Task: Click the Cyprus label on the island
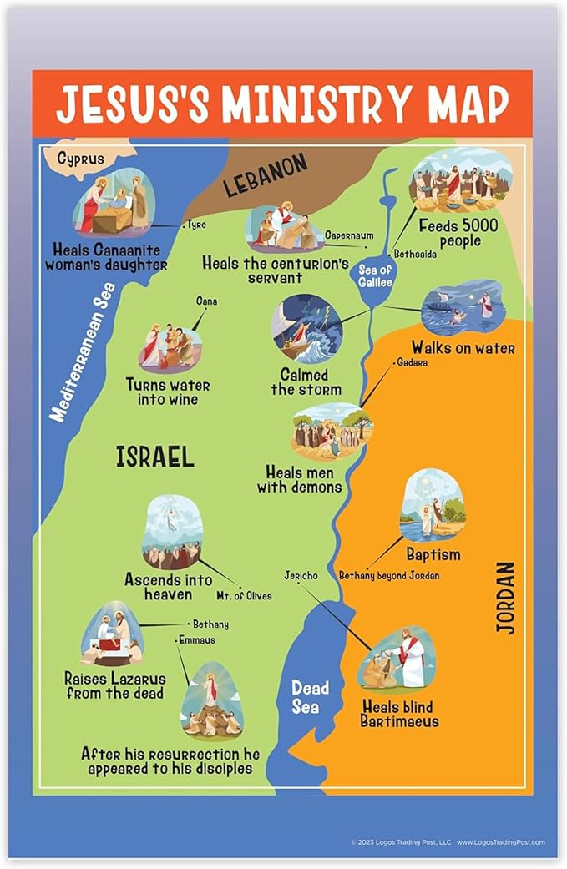pos(81,159)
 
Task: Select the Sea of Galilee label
pos(375,275)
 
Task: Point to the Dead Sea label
pos(310,696)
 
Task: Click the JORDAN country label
pos(506,597)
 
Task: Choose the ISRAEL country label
pos(155,456)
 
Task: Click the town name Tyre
pos(197,225)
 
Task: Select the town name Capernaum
pos(349,236)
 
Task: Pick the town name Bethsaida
pos(415,254)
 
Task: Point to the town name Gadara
pos(412,362)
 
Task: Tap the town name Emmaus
pos(196,640)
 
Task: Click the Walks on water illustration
pos(463,307)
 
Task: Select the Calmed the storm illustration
pos(306,327)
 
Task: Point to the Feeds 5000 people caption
pos(458,234)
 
